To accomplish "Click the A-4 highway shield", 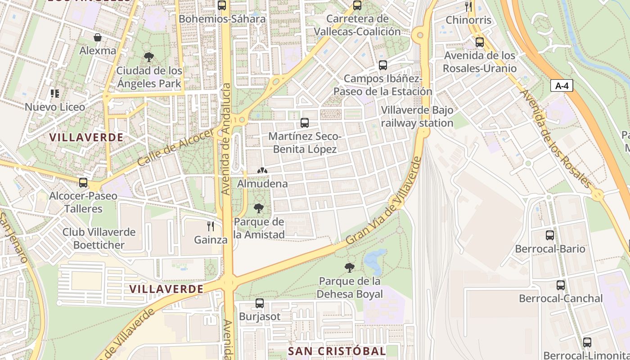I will tap(562, 85).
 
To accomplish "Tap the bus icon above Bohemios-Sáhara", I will tap(222, 5).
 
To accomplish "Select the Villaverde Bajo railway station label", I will tap(417, 117).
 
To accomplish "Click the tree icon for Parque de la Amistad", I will tap(259, 208).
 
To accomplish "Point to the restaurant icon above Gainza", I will tap(211, 226).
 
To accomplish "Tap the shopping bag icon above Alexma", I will tap(97, 37).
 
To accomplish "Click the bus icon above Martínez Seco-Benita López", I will tap(305, 122).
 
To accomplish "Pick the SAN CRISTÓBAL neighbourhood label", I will tap(337, 351).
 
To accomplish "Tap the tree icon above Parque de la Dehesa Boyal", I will tap(349, 268).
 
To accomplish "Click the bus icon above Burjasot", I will tap(260, 303).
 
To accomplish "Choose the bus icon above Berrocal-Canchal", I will tap(561, 285).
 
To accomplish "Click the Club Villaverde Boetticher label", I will tap(99, 238).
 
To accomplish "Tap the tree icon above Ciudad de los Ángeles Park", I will tap(149, 57).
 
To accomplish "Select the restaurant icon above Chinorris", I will tap(468, 6).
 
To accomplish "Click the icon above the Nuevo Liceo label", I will tap(55, 94).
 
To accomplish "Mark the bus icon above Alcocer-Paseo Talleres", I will tap(83, 183).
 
